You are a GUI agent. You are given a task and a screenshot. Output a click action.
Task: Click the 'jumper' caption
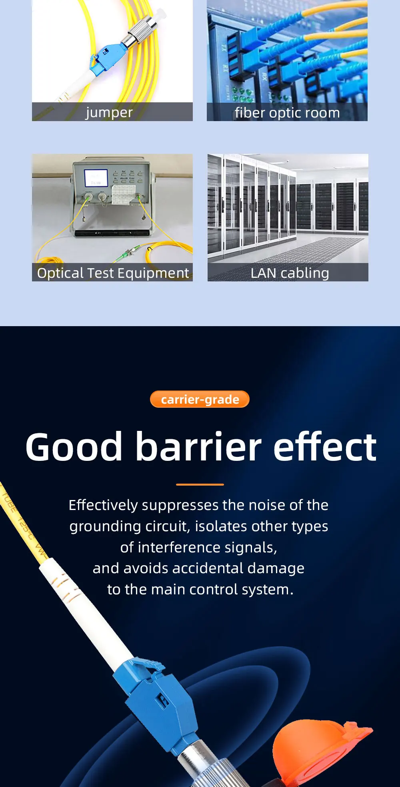coord(109,113)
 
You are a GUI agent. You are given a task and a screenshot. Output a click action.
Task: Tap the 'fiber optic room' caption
coord(287,113)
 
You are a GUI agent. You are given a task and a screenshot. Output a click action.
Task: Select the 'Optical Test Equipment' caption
coord(113,273)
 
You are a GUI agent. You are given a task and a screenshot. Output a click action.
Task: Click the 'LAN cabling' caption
coord(290,273)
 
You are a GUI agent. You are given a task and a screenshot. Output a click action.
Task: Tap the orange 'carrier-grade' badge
coord(200,399)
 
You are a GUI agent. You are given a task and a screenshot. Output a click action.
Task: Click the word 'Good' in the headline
coord(74,447)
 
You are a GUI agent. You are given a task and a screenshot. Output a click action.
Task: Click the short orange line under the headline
coord(200,484)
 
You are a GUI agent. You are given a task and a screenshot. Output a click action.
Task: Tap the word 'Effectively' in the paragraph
coord(103,506)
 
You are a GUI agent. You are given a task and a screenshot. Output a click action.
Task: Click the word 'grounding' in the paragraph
coord(105,527)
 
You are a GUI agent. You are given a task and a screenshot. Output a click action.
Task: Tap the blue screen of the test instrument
coord(96,177)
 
